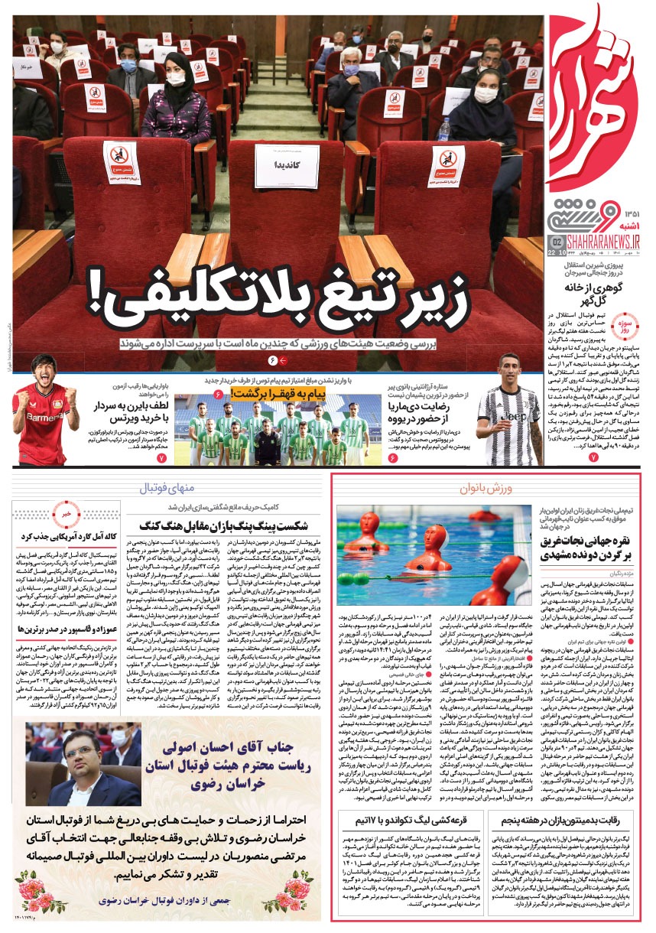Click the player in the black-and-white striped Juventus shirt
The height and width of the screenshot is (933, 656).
point(511,405)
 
